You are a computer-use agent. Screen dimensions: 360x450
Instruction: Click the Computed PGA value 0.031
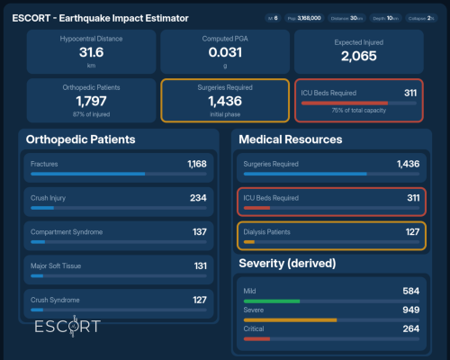[224, 53]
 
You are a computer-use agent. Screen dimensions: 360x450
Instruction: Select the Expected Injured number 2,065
[358, 56]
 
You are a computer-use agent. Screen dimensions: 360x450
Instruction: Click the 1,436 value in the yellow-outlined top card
[224, 102]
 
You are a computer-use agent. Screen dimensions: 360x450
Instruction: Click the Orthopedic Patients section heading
[81, 140]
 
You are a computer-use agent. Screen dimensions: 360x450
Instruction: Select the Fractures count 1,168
[196, 164]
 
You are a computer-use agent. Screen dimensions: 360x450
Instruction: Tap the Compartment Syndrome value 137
[199, 231]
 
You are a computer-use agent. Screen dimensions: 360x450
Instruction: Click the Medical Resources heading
[291, 139]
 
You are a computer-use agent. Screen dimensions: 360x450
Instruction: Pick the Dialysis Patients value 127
[412, 232]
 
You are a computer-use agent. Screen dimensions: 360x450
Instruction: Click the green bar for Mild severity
[271, 301]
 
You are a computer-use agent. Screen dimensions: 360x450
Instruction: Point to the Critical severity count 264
[410, 328]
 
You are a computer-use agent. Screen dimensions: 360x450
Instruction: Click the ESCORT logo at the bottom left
[67, 326]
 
